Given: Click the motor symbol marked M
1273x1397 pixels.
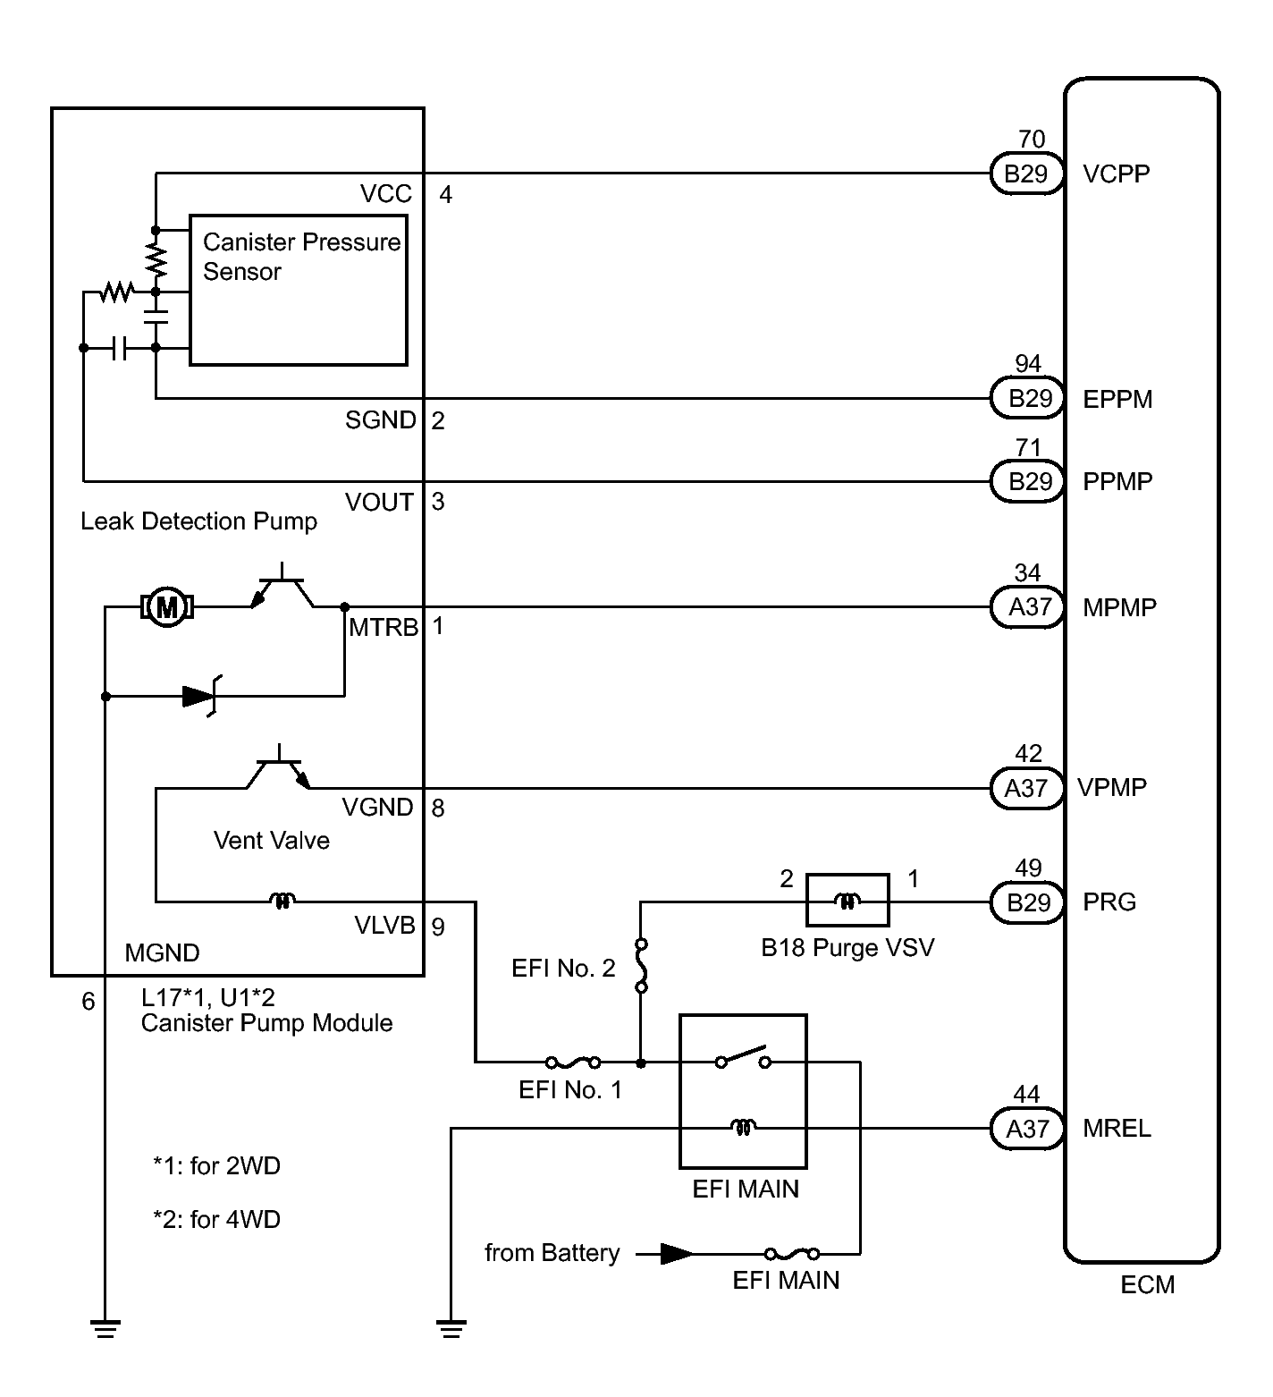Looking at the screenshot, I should pos(167,607).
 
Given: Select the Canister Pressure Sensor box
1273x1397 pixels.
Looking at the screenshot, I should pos(299,289).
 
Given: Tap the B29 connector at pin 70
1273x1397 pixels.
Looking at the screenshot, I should pos(1026,174).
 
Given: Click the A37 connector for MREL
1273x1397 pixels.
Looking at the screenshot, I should pos(1027,1129).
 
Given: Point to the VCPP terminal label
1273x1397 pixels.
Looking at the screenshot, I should pos(1116,174).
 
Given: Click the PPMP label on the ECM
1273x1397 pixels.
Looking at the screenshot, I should pos(1117,482).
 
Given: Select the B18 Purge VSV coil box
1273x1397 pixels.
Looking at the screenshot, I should pos(847,901).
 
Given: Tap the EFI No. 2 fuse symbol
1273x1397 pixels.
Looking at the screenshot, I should pos(641,966).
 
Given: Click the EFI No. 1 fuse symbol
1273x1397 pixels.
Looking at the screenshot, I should pos(573,1063).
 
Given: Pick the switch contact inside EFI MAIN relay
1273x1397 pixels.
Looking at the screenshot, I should pos(743,1057).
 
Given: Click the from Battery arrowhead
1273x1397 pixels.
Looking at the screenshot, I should pos(676,1254).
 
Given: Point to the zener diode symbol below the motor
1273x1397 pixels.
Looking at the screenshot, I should pos(201,696).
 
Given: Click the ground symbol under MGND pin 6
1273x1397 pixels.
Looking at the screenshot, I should pos(105,1329).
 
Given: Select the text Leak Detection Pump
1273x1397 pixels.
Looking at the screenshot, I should pos(198,521).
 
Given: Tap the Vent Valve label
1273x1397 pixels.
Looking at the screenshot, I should pos(271,841).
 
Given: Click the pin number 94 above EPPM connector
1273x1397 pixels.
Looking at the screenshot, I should pos(1028,364).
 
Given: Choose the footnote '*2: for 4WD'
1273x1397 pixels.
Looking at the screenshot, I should pos(216,1219).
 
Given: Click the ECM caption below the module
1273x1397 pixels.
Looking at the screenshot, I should pos(1147,1285).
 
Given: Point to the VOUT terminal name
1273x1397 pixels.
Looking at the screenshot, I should pos(379,503).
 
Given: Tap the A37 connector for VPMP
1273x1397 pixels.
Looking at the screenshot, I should pos(1026,788).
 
